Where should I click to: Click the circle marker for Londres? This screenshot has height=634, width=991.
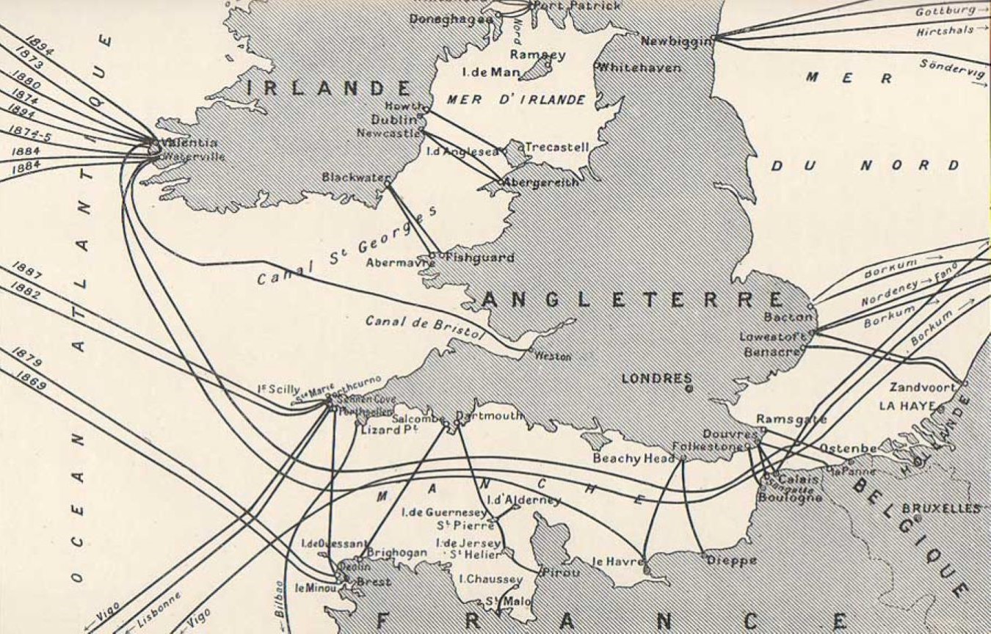689,389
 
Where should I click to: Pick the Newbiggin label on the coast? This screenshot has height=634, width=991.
675,41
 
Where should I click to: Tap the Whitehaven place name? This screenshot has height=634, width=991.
638,68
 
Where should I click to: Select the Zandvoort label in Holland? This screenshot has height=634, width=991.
923,387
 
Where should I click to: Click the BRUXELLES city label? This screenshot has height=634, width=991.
940,509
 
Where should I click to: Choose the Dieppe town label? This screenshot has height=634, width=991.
731,561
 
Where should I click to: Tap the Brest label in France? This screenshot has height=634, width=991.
373,582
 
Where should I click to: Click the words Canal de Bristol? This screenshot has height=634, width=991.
426,327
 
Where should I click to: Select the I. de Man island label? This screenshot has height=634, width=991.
491,72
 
